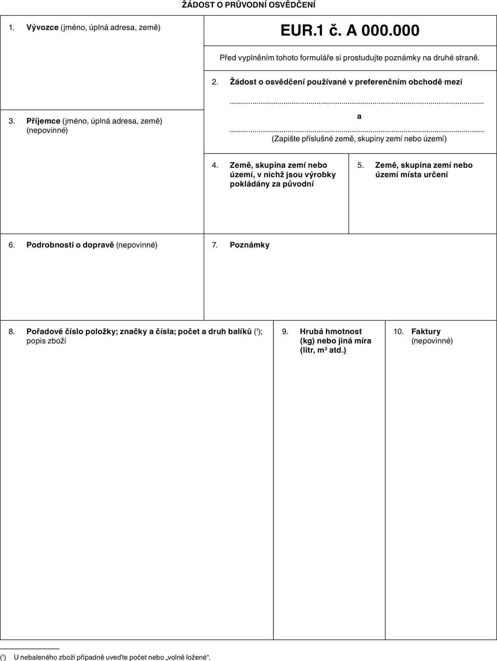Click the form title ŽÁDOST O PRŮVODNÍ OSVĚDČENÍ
[248, 5]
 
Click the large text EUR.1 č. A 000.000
[350, 30]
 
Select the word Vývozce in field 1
[42, 27]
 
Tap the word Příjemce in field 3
[43, 121]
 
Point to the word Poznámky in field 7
[250, 245]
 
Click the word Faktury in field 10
[426, 332]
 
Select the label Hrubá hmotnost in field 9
[331, 332]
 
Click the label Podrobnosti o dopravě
[70, 245]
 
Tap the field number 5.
[360, 165]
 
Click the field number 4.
[215, 165]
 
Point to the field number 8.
[12, 332]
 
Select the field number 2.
[215, 82]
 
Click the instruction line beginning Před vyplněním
[349, 58]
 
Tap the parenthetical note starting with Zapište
[359, 139]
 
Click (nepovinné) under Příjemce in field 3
[47, 130]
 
